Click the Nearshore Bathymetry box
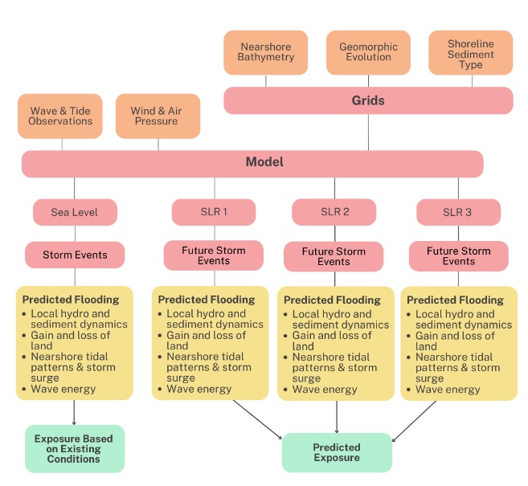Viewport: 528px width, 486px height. (266, 52)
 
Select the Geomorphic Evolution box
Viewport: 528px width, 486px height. (368, 52)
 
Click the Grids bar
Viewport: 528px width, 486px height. (368, 100)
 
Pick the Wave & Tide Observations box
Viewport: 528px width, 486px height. (60, 116)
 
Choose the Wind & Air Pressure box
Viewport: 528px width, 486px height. (158, 116)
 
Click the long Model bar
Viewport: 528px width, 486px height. (252, 163)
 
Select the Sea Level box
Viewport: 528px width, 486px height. (75, 212)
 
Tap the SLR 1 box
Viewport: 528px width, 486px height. (214, 211)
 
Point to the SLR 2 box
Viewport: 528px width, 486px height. (334, 212)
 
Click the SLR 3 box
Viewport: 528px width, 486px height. (458, 212)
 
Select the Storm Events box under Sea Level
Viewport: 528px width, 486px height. (75, 255)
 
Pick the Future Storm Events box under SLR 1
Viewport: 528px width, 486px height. (214, 255)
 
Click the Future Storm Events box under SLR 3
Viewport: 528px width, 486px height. (459, 256)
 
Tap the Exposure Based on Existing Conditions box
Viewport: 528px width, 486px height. (75, 443)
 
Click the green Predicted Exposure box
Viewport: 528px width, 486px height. (337, 452)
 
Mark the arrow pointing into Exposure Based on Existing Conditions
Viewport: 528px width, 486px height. (74, 413)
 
